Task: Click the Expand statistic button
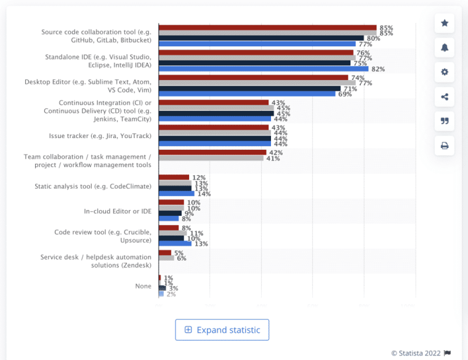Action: point(222,330)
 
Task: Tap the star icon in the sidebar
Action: point(445,23)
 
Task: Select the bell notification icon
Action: point(445,47)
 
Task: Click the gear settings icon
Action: point(445,72)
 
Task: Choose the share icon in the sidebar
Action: point(445,97)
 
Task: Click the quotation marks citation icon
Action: point(445,121)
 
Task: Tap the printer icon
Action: point(445,146)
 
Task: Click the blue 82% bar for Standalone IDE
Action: point(263,69)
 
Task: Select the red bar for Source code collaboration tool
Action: point(267,28)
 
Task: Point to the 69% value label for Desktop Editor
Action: point(345,94)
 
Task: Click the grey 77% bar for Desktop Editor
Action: point(257,83)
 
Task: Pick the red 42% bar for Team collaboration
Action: point(212,152)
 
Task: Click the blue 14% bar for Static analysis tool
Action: point(176,194)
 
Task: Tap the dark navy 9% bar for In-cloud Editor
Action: point(170,213)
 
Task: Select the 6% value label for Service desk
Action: point(181,258)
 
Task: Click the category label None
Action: point(143,286)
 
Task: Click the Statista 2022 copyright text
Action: point(416,353)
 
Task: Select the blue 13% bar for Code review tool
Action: point(175,243)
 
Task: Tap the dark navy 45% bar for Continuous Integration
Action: point(216,113)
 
